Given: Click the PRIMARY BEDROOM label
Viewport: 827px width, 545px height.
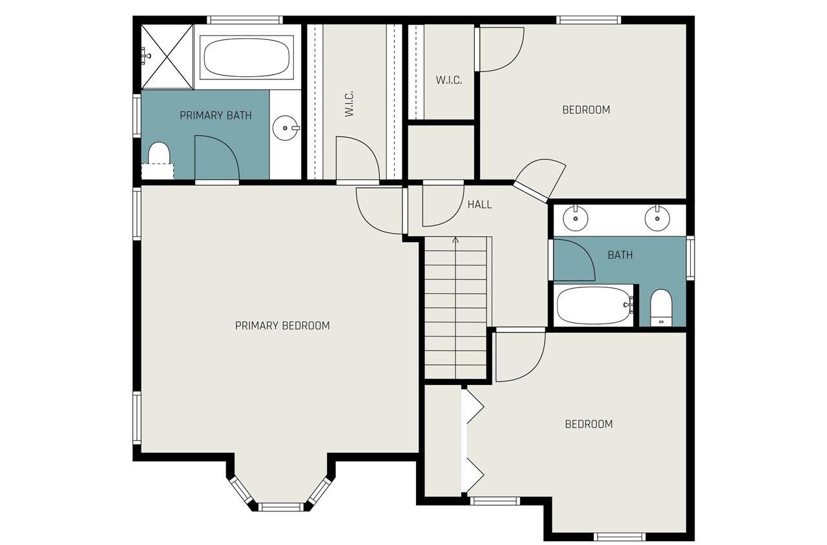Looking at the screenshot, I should (282, 325).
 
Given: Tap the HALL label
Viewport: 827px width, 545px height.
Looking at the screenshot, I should (479, 205).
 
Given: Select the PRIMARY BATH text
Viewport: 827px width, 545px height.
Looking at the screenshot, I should (215, 116).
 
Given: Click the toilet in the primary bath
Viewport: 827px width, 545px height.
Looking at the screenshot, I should (158, 158).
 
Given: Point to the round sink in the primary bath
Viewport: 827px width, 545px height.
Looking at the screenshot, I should (285, 128).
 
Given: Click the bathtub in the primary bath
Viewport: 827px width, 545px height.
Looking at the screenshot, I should (246, 57).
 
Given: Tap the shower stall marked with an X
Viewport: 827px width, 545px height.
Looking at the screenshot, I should (167, 56).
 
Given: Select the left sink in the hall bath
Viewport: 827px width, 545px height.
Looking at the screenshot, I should (574, 220).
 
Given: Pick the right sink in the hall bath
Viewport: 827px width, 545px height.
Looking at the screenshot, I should (657, 220).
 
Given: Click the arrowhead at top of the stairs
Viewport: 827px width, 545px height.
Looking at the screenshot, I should (455, 240).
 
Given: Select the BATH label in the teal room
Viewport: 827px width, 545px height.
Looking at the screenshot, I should (620, 255).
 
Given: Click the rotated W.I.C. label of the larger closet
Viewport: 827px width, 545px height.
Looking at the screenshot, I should (349, 103).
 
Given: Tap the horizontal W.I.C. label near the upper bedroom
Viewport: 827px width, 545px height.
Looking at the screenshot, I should (448, 81).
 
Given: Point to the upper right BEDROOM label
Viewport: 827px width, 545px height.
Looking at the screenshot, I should (586, 110).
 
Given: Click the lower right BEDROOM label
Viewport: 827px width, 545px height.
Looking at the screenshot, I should (588, 424).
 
